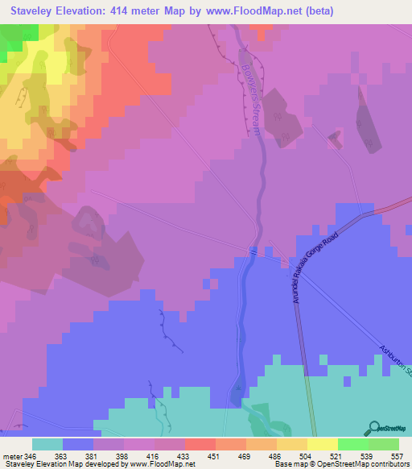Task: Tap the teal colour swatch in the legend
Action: pos(47,443)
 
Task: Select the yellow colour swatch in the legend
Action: pos(323,443)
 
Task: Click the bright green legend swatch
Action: pos(353,443)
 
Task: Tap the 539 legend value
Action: pos(367,455)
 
